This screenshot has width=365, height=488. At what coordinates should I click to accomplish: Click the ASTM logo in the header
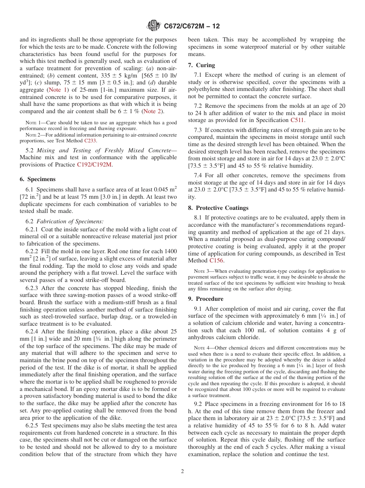coord(154,26)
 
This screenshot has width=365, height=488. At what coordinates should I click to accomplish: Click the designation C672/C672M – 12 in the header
coord(192,26)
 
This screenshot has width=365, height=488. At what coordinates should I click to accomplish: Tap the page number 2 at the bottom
coord(182,472)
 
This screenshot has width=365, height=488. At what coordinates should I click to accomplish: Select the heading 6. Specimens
coord(37,179)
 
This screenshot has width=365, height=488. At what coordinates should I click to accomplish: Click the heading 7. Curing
coord(201,65)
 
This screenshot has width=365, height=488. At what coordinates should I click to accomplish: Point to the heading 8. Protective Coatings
coord(218,208)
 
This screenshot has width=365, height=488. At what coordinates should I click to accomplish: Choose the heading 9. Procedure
coord(206,299)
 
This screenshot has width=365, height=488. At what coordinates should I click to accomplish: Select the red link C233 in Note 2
coord(91,140)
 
